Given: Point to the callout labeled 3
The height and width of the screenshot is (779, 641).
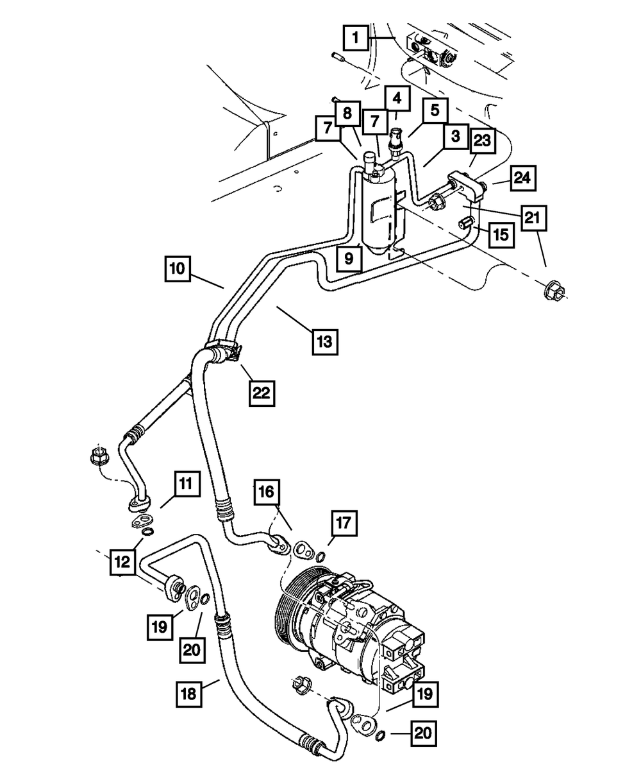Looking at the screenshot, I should point(454,136).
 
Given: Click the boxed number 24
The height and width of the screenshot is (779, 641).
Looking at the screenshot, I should point(522,177).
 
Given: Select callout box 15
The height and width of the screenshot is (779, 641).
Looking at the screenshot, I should point(501,235).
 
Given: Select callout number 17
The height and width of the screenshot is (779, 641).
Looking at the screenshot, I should point(344,524).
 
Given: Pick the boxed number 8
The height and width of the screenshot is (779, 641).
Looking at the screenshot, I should point(347,114).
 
